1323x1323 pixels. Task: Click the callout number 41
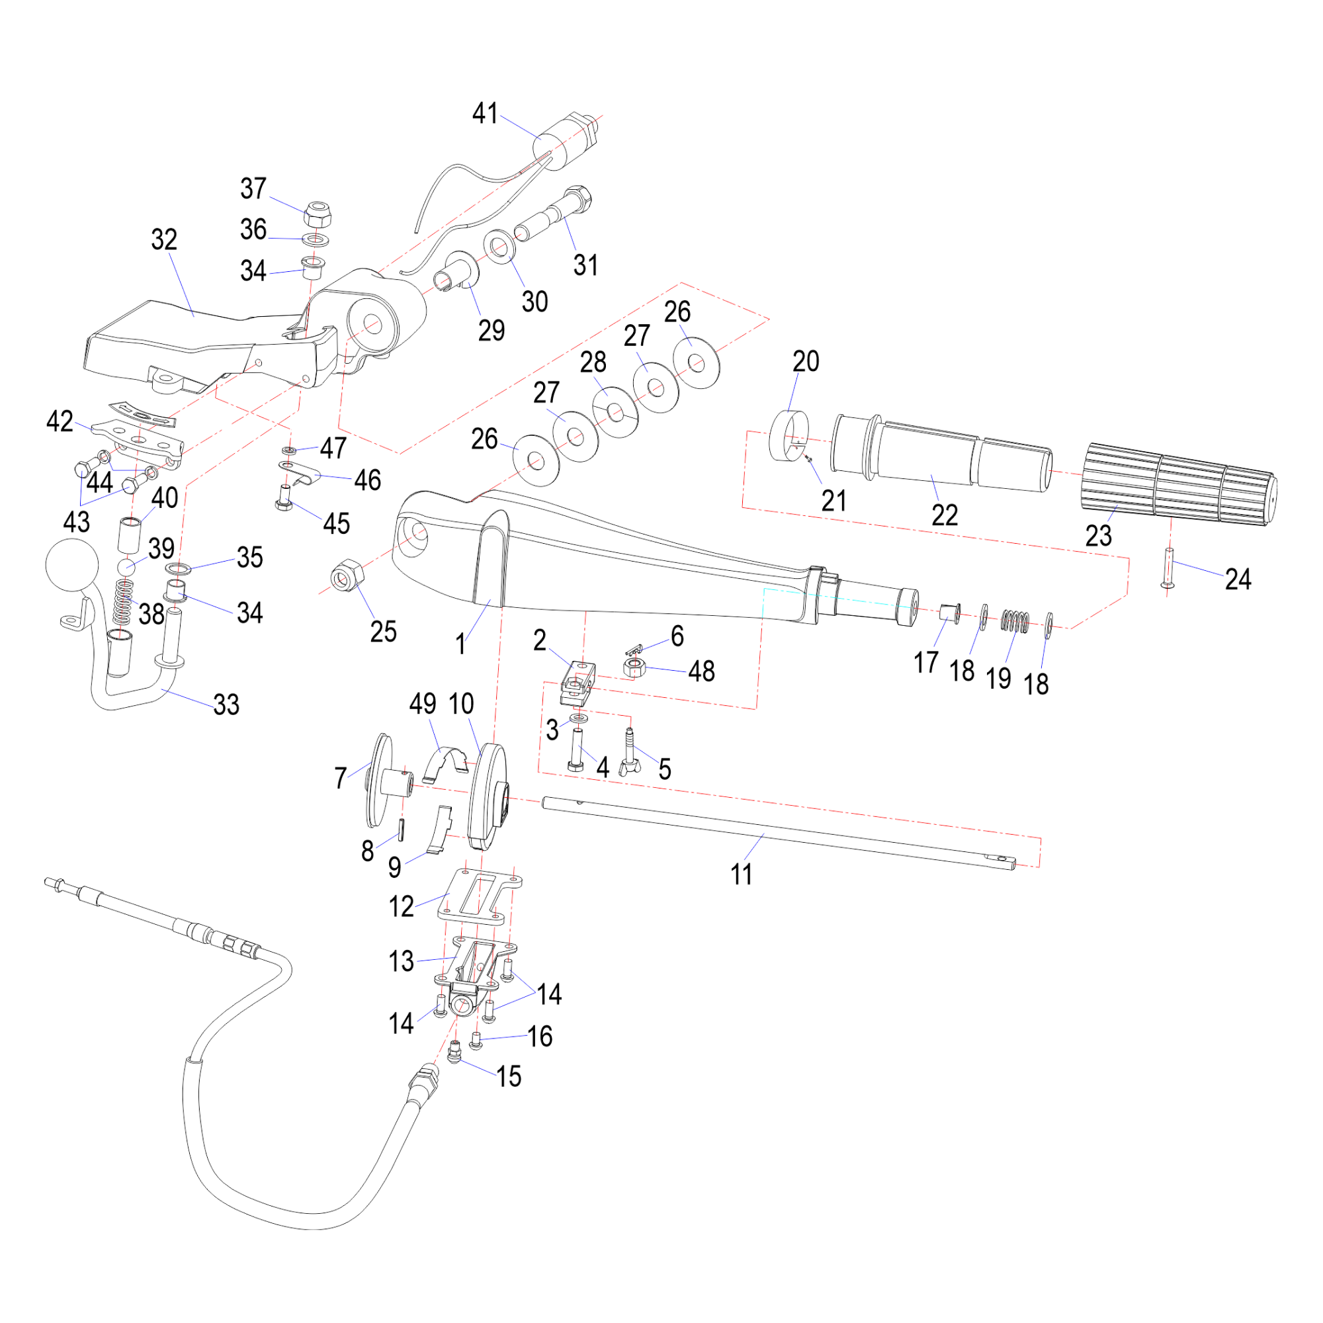tap(485, 113)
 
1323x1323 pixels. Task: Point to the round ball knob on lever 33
tap(72, 565)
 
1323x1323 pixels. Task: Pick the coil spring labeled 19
tap(1015, 621)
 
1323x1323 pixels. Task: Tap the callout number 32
tap(164, 239)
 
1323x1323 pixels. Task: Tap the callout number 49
tap(423, 704)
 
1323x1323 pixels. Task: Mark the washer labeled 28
tap(615, 412)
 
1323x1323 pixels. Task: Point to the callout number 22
tap(945, 515)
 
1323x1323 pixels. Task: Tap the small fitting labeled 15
tap(453, 1054)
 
